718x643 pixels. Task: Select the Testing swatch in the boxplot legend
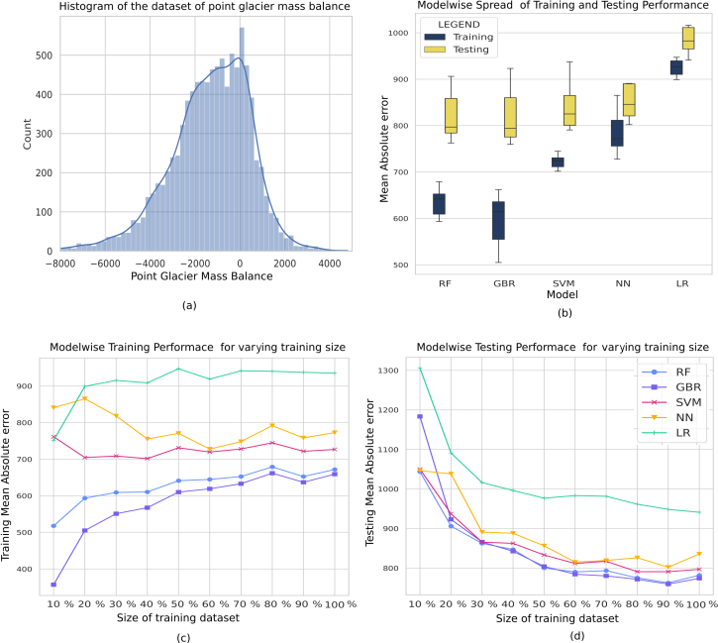[432, 49]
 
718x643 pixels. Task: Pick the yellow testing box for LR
[682, 38]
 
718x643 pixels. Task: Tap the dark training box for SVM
[558, 161]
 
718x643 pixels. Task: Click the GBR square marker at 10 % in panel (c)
[52, 585]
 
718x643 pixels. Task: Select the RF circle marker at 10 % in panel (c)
[52, 526]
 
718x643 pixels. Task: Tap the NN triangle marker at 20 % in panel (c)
[85, 398]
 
